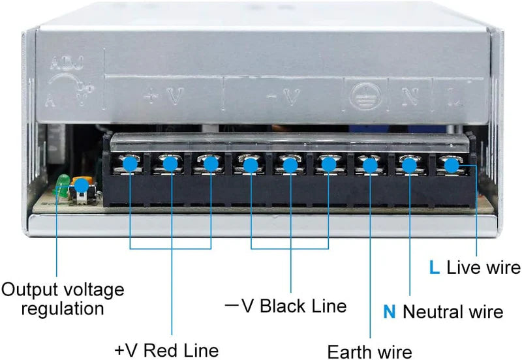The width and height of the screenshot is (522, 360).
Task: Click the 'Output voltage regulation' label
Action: [x=63, y=298]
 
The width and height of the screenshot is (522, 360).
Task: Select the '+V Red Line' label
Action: [x=166, y=350]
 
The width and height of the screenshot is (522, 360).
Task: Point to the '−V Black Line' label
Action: [x=285, y=305]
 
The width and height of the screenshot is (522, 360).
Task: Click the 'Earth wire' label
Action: [x=369, y=352]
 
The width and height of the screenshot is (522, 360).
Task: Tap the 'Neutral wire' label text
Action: [x=453, y=312]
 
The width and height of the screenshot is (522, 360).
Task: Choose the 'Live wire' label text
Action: [x=484, y=267]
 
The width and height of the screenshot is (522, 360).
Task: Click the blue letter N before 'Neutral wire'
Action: [x=389, y=312]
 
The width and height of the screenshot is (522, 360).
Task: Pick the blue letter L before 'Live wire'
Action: [x=435, y=267]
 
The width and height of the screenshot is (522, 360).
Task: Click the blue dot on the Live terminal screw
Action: [x=450, y=164]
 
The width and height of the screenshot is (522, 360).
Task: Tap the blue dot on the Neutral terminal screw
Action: [x=409, y=165]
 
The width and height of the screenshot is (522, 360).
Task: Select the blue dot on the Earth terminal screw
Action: [x=370, y=165]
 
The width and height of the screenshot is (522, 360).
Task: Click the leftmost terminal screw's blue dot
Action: [x=130, y=164]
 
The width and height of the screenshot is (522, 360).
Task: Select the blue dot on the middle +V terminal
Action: [x=170, y=164]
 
